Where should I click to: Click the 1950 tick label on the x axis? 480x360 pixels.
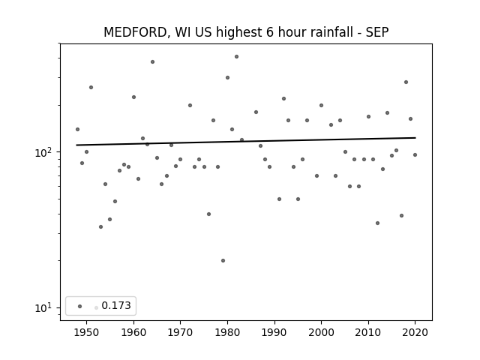coord(87,332)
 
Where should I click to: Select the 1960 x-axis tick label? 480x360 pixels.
coord(133,332)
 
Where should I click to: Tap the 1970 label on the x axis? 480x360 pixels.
coord(180,332)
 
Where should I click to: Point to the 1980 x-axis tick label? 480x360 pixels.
coord(227,332)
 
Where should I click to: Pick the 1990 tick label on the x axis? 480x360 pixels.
coord(274,332)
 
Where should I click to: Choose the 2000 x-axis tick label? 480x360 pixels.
coord(321,332)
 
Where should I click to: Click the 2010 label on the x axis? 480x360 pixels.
coord(368,332)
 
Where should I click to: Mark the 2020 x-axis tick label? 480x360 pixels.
coord(415,332)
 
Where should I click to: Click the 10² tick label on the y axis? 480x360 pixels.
coord(44,151)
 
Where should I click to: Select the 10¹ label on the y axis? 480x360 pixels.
coord(44,307)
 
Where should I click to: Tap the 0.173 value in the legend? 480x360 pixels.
coord(116,305)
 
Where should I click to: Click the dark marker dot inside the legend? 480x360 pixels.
coord(80,306)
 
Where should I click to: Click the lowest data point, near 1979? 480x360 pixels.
coord(223,260)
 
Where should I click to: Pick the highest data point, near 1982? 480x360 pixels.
coord(237,57)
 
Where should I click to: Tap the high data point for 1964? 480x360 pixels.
coord(152,61)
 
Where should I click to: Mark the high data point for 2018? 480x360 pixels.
coord(406,82)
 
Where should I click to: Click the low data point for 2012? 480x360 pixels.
coord(377,223)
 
